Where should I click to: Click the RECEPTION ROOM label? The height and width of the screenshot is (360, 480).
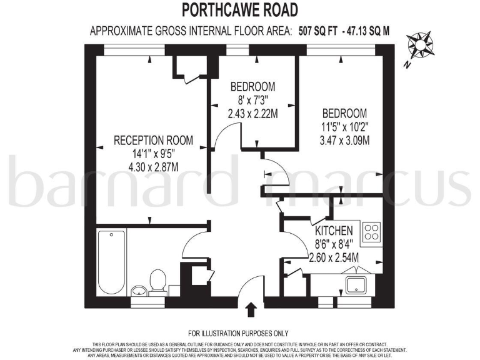tap(153, 141)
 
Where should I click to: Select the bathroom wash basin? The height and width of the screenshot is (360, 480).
tap(138, 291)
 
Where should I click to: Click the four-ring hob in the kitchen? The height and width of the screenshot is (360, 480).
tap(371, 232)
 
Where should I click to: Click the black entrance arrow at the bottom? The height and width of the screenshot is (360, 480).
tap(252, 309)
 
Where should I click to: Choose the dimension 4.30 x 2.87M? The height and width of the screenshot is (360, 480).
tap(153, 167)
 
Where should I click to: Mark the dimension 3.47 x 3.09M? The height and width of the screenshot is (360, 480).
tap(344, 140)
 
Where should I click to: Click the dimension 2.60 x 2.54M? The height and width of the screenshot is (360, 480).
tap(334, 257)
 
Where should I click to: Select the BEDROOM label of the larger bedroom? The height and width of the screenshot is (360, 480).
tap(344, 113)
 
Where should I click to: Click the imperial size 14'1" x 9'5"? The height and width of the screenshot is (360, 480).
tap(153, 154)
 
